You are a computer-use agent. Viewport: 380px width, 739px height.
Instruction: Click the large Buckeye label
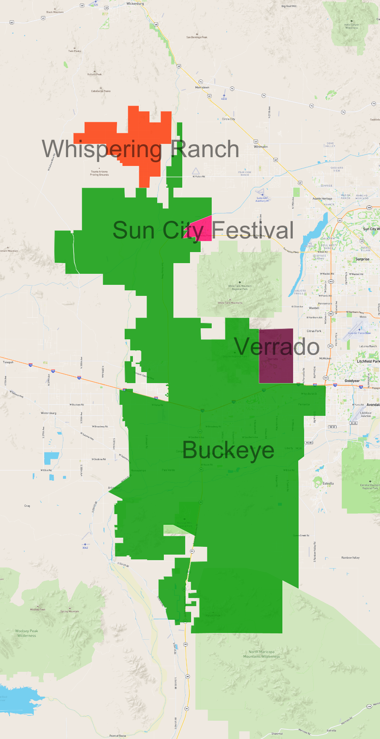pyautogui.click(x=228, y=450)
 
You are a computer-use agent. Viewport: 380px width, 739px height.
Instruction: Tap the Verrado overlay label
pyautogui.click(x=277, y=347)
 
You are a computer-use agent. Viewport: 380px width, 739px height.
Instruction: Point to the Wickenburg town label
pyautogui.click(x=135, y=4)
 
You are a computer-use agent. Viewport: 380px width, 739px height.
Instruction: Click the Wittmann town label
pyautogui.click(x=261, y=147)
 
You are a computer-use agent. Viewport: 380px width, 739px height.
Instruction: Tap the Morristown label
pyautogui.click(x=202, y=88)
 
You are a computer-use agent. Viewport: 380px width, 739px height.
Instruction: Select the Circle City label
pyautogui.click(x=228, y=119)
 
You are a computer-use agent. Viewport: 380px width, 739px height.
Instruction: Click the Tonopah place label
pyautogui.click(x=8, y=362)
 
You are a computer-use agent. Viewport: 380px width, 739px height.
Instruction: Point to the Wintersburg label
pyautogui.click(x=49, y=413)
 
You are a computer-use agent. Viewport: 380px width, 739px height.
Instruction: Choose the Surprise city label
pyautogui.click(x=362, y=259)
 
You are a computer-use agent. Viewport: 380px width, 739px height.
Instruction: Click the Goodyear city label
pyautogui.click(x=352, y=381)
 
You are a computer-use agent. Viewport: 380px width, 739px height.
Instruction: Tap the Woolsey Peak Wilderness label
pyautogui.click(x=27, y=633)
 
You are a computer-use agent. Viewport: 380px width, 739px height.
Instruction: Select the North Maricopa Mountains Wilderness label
pyautogui.click(x=261, y=654)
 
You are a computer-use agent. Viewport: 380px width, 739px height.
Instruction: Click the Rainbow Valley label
pyautogui.click(x=350, y=558)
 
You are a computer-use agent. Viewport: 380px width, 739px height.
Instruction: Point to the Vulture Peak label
pyautogui.click(x=94, y=74)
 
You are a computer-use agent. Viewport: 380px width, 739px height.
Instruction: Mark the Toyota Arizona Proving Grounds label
pyautogui.click(x=99, y=173)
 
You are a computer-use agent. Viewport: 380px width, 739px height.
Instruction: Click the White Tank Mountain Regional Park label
pyautogui.click(x=240, y=287)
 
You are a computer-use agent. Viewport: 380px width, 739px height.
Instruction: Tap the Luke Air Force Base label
pyautogui.click(x=359, y=333)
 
